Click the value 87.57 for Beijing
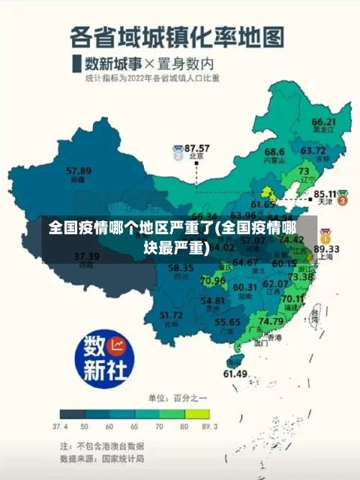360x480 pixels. [x=197, y=147]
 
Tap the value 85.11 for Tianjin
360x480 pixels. [x=323, y=193]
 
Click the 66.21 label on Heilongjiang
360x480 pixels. [x=324, y=122]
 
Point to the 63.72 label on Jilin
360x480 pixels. [x=313, y=151]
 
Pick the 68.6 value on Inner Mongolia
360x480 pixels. [x=274, y=151]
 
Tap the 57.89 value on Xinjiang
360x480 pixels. [x=78, y=171]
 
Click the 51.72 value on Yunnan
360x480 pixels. [x=171, y=314]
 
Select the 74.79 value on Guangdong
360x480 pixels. [x=271, y=321]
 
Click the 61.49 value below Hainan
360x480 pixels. [x=235, y=373]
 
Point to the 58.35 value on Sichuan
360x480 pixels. [x=181, y=268]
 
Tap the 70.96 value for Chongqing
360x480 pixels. [x=213, y=280]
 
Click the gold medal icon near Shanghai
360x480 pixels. [x=325, y=235]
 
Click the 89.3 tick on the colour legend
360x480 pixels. [x=209, y=427]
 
